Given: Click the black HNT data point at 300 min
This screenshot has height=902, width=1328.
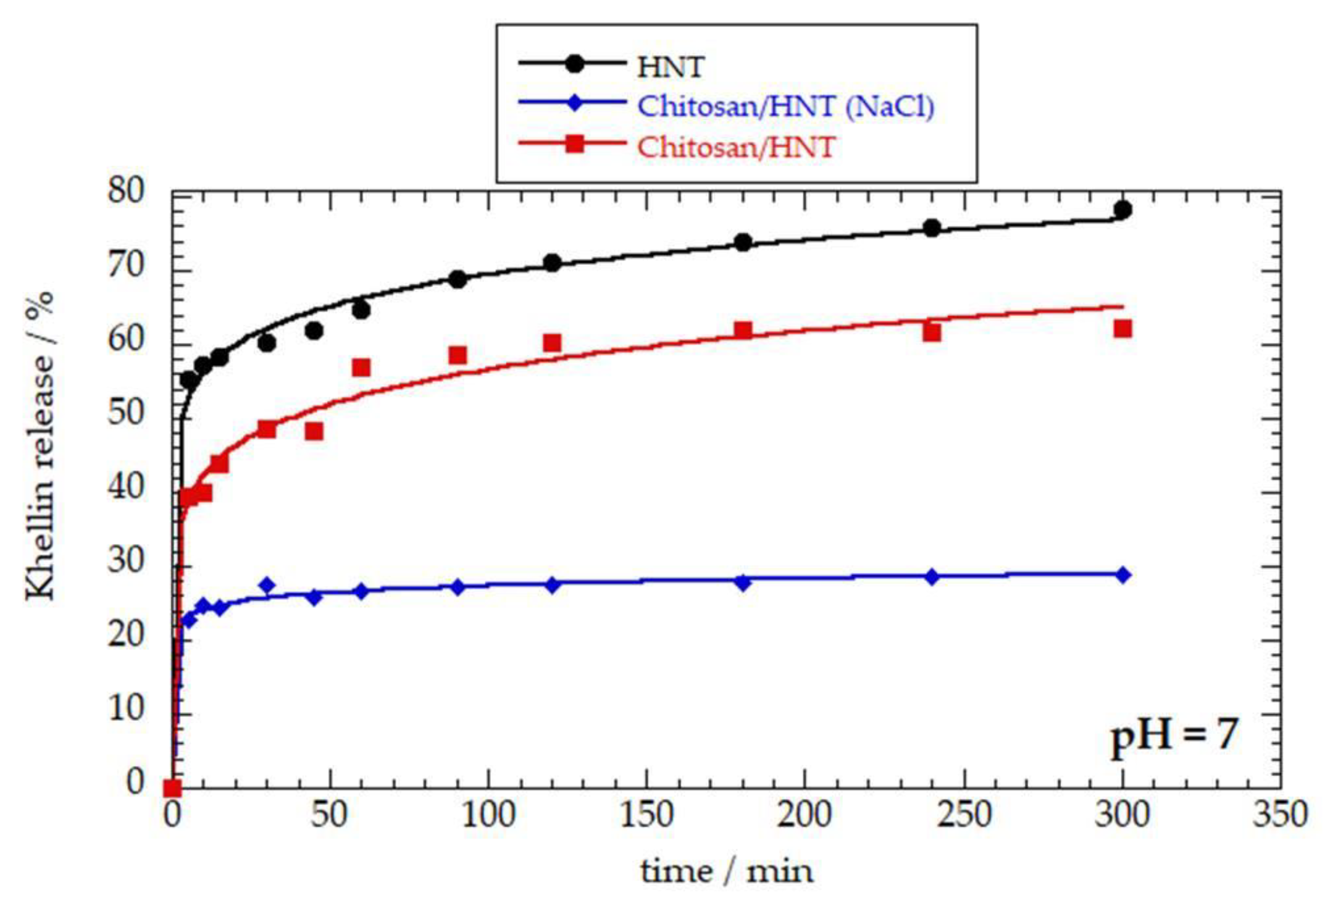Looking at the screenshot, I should coord(1122,210).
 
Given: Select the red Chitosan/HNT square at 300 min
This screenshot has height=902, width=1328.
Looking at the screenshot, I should coord(1122,329).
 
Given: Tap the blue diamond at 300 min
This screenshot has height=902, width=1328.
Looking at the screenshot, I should coord(1122,574).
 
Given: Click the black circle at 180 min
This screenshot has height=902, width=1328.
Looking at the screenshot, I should coord(742,242).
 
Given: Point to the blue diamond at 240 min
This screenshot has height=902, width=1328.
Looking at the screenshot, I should coord(932,577).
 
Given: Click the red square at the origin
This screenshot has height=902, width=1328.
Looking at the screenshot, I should coord(172,788).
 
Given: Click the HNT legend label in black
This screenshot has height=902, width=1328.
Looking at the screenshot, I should coord(670,67).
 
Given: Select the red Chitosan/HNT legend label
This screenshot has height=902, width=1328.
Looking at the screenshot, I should coord(736,146).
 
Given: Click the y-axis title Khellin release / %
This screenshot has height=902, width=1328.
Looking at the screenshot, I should coord(40,446).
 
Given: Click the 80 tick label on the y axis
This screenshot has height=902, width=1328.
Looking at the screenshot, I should coord(125,192).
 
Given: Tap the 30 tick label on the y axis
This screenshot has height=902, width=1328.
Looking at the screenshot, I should coord(125,563).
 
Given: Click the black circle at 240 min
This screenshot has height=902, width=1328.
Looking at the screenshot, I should coord(932,228).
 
